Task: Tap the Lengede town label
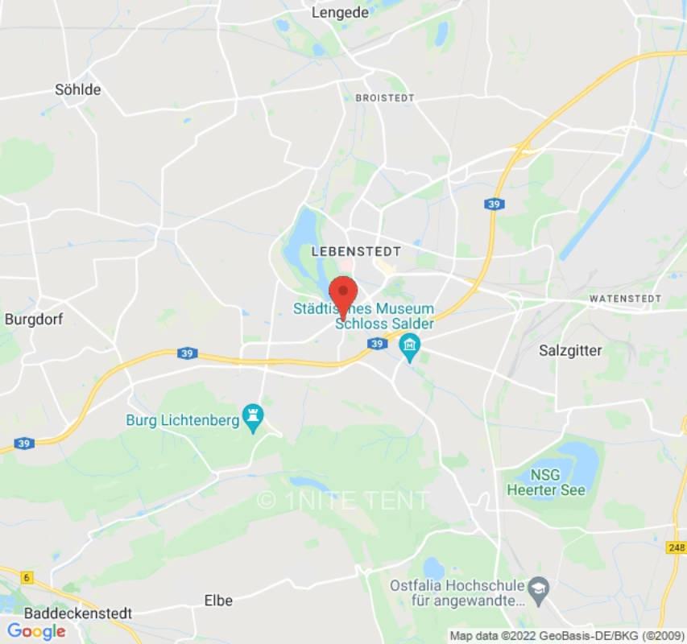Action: point(340,12)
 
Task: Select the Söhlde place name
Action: point(78,89)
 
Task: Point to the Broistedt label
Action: point(385,97)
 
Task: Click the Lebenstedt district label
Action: point(356,251)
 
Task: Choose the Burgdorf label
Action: point(34,319)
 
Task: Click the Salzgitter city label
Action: point(570,350)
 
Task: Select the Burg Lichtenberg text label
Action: point(183,419)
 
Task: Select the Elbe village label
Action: point(218,601)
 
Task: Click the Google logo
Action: point(36,632)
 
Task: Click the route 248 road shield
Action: point(676,548)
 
